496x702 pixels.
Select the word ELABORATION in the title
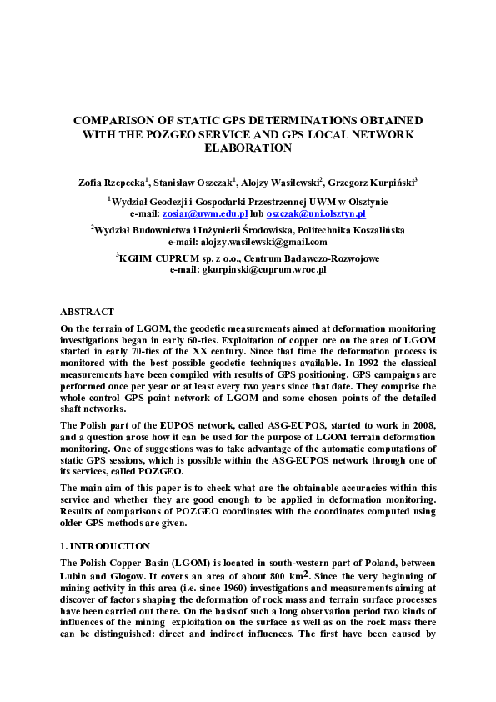coord(248,148)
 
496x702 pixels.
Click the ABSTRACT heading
coord(87,311)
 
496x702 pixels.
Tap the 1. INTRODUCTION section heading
coord(105,546)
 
